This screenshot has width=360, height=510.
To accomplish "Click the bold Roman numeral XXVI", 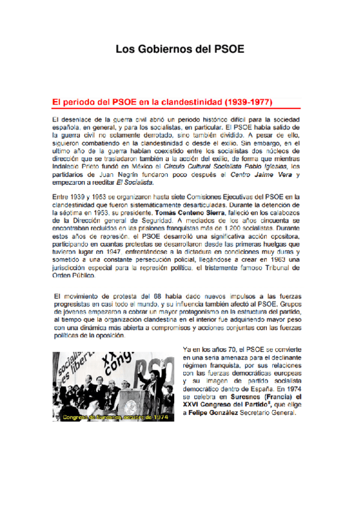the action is click(192, 405).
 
